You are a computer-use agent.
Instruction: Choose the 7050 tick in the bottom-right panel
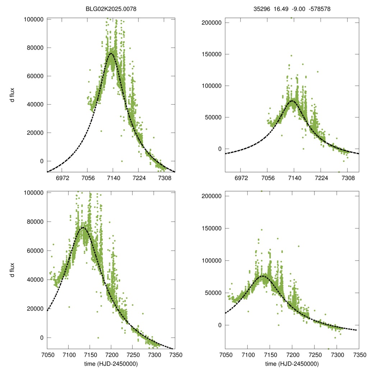[x=225, y=355]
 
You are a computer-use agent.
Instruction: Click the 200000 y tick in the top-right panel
[x=212, y=23]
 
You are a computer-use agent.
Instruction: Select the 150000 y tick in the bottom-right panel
[x=212, y=229]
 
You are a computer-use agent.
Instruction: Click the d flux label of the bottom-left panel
[x=12, y=270]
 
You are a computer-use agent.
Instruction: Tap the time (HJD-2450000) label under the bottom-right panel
[x=292, y=364]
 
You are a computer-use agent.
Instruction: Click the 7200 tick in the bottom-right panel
[x=292, y=355]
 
